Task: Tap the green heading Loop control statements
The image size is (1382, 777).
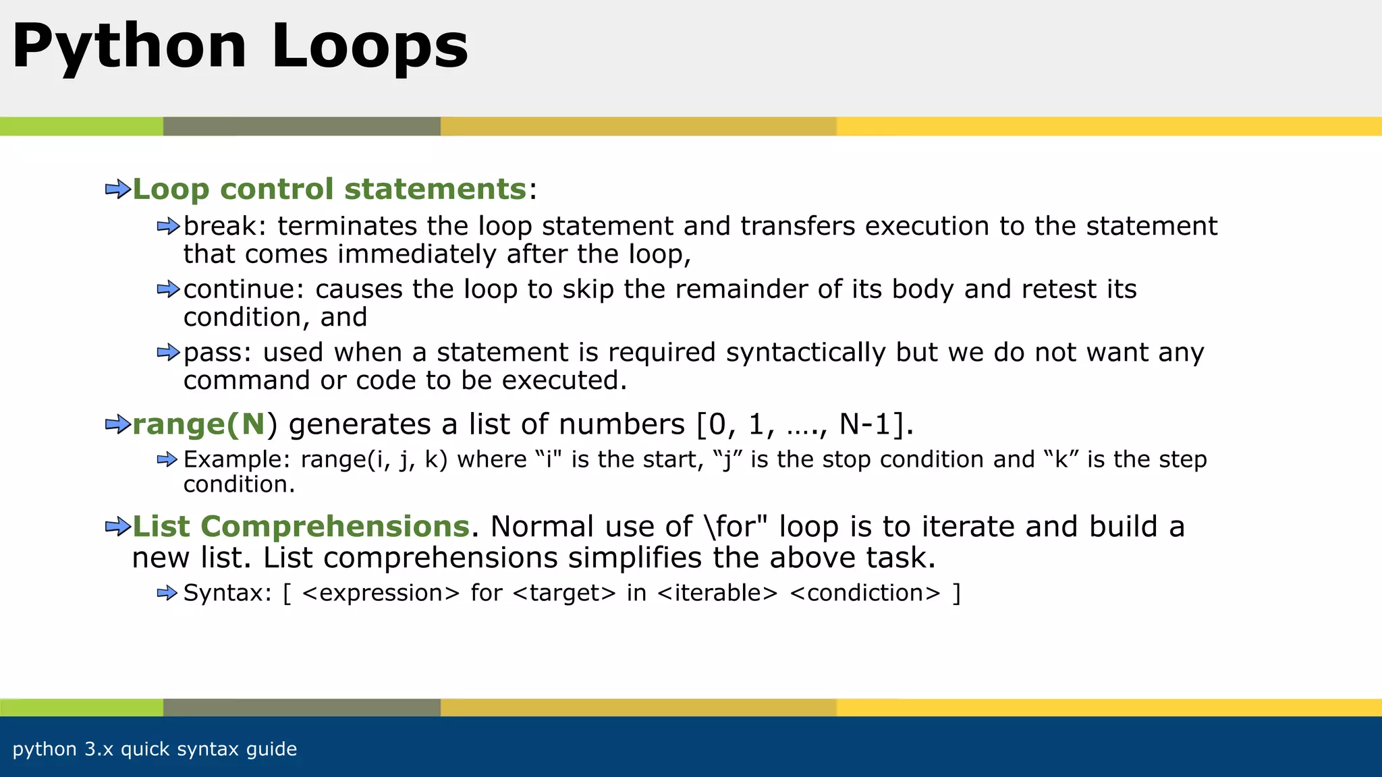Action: point(329,189)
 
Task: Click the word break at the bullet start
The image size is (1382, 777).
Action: point(219,226)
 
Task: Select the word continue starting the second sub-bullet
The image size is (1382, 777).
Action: point(239,289)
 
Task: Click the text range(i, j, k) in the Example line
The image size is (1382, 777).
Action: point(374,460)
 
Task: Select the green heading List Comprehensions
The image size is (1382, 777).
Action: point(301,527)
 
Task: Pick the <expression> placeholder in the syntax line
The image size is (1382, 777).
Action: point(381,593)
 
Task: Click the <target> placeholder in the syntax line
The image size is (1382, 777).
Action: point(564,593)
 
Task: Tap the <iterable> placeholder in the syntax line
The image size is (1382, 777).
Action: point(717,593)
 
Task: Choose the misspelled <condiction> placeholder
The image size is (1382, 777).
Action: point(864,593)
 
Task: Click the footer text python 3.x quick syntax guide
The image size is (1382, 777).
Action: point(155,749)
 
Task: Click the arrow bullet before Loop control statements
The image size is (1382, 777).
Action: point(117,190)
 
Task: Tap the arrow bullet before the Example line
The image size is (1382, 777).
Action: point(167,460)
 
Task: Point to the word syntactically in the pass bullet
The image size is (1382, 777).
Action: point(806,353)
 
